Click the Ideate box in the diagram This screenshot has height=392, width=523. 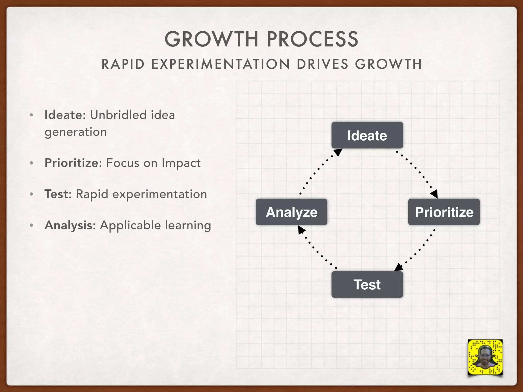point(367,135)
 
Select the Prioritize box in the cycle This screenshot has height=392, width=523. point(444,212)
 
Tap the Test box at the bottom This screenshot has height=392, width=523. point(367,284)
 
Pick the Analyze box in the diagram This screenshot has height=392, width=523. point(291,212)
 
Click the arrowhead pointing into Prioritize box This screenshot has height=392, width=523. point(434,194)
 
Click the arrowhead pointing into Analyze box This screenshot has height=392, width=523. point(301,230)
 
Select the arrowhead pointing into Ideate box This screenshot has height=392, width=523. point(338,152)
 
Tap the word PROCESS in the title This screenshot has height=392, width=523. point(313,39)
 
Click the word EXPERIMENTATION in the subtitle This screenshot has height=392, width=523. point(221,64)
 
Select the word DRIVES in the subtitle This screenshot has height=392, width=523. point(323,64)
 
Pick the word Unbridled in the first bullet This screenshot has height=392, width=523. point(118,115)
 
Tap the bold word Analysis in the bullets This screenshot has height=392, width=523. point(68,225)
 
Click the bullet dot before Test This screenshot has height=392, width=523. point(31,194)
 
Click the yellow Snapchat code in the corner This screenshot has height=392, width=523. point(485,357)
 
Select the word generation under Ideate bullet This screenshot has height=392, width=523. point(76,132)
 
